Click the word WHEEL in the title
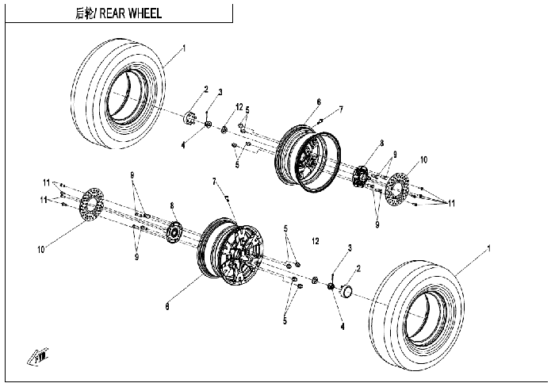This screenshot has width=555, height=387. [x=145, y=13]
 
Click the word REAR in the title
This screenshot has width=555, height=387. [x=112, y=13]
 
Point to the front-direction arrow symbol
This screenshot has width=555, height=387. [x=38, y=357]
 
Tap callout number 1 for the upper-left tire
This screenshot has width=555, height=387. [x=184, y=48]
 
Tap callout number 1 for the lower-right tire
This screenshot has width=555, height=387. [x=489, y=248]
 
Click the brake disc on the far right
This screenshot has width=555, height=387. [x=396, y=189]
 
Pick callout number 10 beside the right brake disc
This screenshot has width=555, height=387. [x=423, y=159]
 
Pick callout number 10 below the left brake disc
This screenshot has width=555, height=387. [x=41, y=250]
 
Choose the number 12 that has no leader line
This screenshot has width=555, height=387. [x=316, y=241]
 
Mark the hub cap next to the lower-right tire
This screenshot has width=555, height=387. [x=346, y=290]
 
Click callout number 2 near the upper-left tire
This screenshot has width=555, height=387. [x=206, y=90]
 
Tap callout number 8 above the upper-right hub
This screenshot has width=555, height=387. [x=381, y=144]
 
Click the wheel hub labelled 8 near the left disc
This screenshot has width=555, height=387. [x=174, y=232]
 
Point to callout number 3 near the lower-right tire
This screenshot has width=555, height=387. [x=350, y=248]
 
